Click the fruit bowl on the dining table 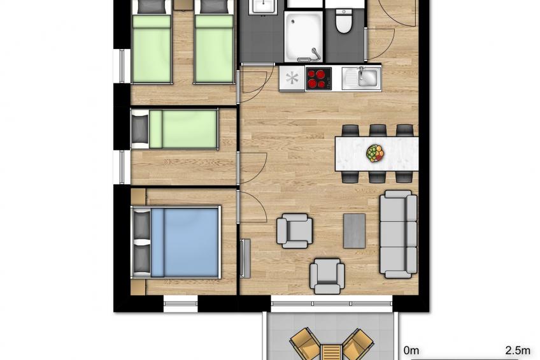376,153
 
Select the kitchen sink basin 367,78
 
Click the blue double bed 185,241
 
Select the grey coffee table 355,231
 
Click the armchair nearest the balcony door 327,275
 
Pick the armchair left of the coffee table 294,230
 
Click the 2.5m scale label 518,350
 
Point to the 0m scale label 411,350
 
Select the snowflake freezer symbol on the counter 292,78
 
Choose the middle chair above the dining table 378,131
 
